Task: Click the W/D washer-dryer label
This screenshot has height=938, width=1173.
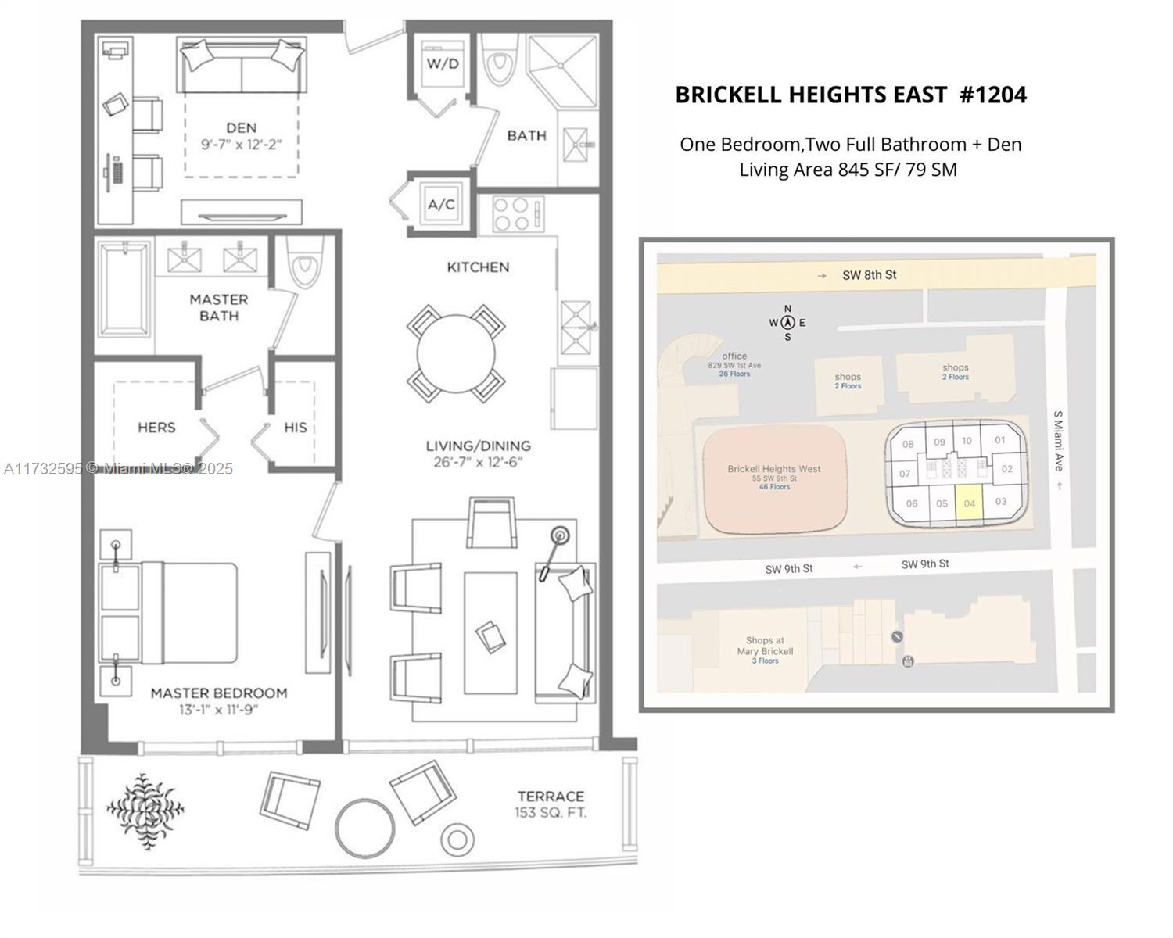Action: pyautogui.click(x=443, y=64)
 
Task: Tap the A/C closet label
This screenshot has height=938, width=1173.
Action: pyautogui.click(x=441, y=204)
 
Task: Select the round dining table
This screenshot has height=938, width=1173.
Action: pyautogui.click(x=456, y=354)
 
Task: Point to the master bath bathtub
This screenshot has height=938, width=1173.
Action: pyautogui.click(x=124, y=289)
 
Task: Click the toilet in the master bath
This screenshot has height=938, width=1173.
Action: pyautogui.click(x=305, y=262)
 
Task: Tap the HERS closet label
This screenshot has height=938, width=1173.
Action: pyautogui.click(x=156, y=428)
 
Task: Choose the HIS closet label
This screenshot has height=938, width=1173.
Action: pyautogui.click(x=296, y=428)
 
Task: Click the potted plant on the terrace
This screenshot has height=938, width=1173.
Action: pyautogui.click(x=145, y=811)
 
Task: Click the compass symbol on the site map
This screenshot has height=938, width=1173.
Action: pyautogui.click(x=787, y=323)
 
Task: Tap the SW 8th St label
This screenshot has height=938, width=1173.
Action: pyautogui.click(x=869, y=275)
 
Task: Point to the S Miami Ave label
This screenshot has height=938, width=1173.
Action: pyautogui.click(x=1058, y=441)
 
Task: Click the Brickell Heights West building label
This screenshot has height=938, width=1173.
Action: pyautogui.click(x=774, y=469)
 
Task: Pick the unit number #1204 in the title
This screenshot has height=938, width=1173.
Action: pyautogui.click(x=993, y=95)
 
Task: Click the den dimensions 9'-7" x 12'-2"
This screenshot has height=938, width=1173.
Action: pyautogui.click(x=242, y=145)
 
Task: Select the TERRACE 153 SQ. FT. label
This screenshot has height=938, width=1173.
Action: pyautogui.click(x=551, y=804)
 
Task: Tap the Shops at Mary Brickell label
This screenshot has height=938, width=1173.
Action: pyautogui.click(x=766, y=646)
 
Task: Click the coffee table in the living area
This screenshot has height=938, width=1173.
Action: pyautogui.click(x=490, y=633)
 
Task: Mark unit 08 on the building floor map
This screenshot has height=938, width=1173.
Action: pyautogui.click(x=908, y=444)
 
